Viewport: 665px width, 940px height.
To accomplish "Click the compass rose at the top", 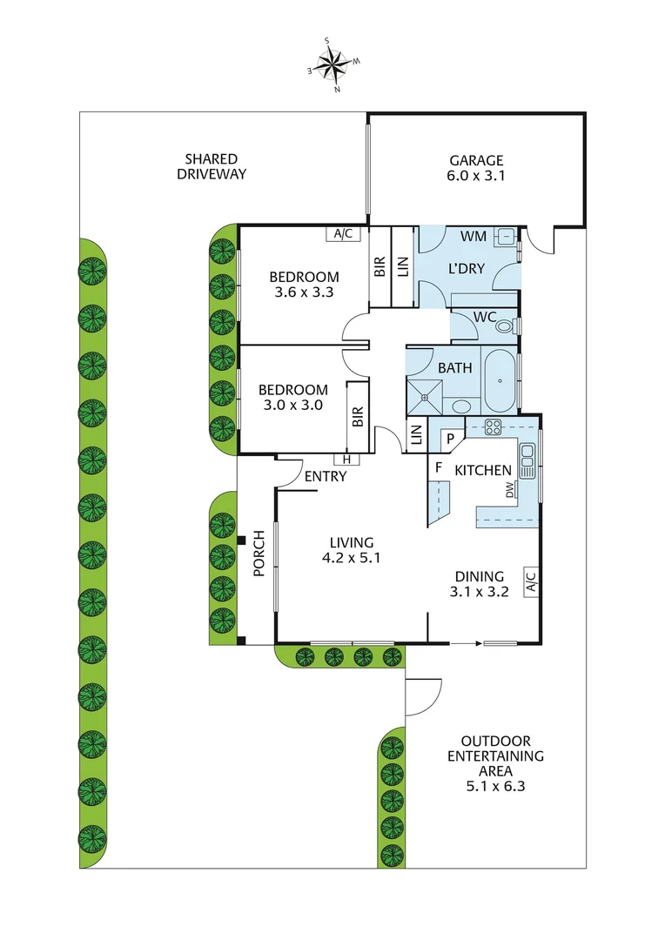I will point(331,63).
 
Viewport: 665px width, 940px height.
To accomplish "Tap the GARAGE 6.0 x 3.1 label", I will point(476,168).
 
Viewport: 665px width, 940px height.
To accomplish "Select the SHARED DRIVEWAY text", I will point(212,166).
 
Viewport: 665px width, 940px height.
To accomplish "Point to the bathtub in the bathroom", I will point(499,380).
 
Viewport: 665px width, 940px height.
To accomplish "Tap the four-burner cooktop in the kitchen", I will point(493,426).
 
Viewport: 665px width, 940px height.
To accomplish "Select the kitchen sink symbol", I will point(527,461).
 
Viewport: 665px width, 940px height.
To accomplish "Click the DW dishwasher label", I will point(510,493).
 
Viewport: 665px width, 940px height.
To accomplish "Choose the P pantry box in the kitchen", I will point(451,440).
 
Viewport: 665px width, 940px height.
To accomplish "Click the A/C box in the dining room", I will point(529,582).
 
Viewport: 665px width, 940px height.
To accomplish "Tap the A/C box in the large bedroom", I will point(340,233).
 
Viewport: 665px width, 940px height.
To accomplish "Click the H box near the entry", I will point(346,460).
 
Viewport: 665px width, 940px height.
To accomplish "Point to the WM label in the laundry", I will point(473,236).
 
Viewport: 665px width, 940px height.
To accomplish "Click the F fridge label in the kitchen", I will point(439,468).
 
